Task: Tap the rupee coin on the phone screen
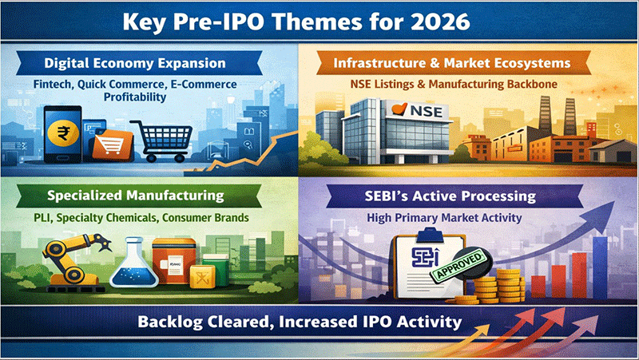(x=63, y=133)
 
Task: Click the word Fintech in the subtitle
(x=53, y=85)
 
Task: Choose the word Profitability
(x=135, y=97)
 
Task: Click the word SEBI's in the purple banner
(x=386, y=196)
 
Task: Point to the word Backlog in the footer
(x=170, y=322)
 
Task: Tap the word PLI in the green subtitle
(x=42, y=217)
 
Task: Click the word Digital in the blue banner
(x=66, y=63)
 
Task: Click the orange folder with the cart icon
(x=112, y=144)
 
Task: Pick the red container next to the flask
(x=174, y=261)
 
